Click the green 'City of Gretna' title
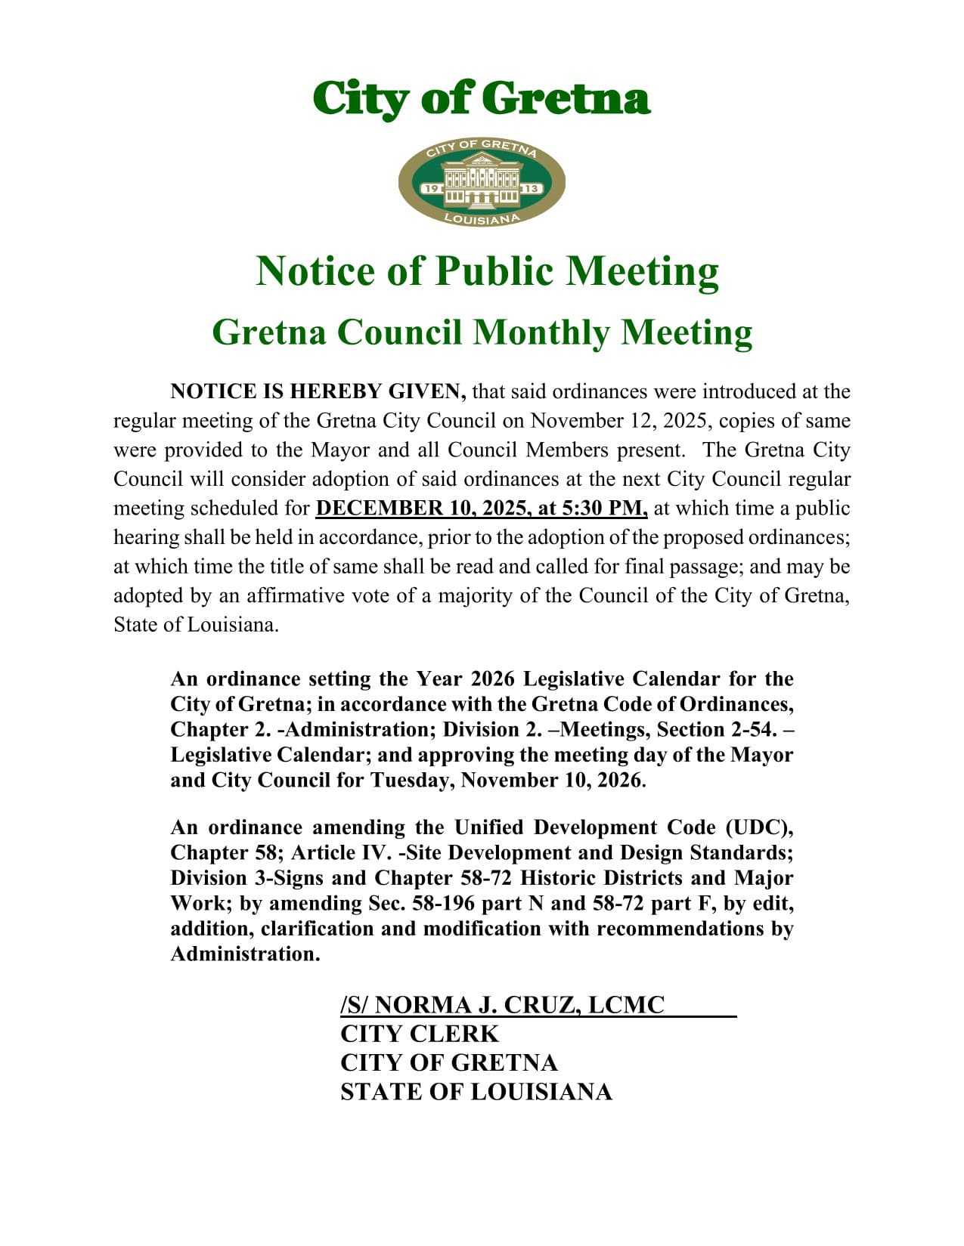click(482, 98)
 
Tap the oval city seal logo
click(482, 182)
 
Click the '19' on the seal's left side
click(432, 188)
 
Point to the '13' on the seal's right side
click(532, 188)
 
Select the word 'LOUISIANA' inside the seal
click(482, 218)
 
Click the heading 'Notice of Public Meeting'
click(487, 271)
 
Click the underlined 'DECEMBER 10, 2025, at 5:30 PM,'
click(482, 509)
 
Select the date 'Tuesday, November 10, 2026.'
click(508, 781)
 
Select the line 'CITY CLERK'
click(420, 1034)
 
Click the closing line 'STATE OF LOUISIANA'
click(476, 1092)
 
